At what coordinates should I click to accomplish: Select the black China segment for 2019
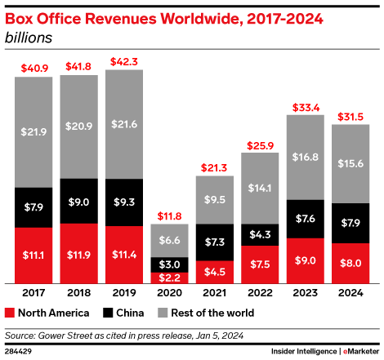click(x=124, y=200)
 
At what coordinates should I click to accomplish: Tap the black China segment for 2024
click(x=352, y=223)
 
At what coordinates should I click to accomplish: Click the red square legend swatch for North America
click(x=10, y=313)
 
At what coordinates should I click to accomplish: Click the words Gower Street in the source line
click(x=71, y=335)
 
